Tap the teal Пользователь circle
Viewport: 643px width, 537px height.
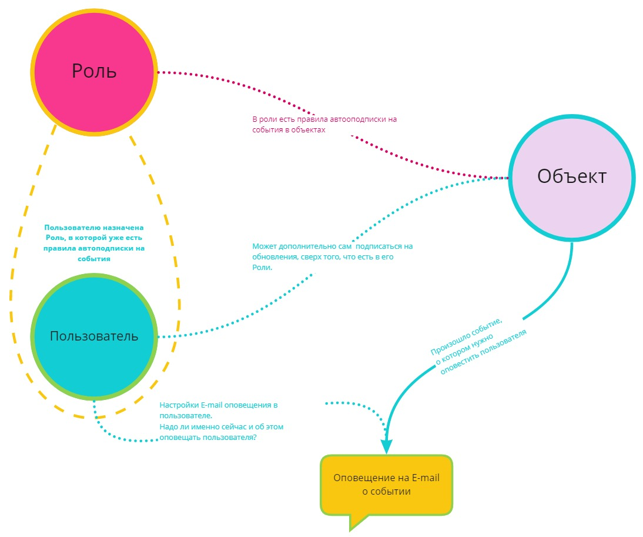pyautogui.click(x=94, y=365)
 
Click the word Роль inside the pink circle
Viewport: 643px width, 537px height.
pyautogui.click(x=94, y=71)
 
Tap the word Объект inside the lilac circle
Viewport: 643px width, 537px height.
pyautogui.click(x=572, y=176)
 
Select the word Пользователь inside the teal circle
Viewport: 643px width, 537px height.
pyautogui.click(x=94, y=336)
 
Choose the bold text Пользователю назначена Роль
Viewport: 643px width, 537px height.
pyautogui.click(x=94, y=242)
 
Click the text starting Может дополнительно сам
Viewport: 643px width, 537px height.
pyautogui.click(x=332, y=256)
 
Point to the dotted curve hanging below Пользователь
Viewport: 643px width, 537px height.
pyautogui.click(x=118, y=436)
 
